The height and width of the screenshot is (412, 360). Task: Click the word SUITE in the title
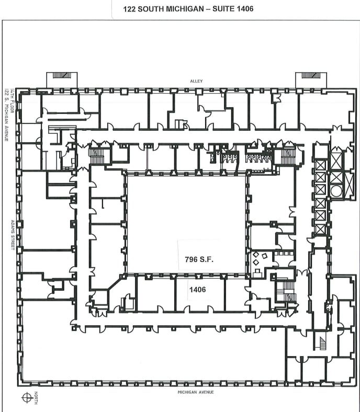(x=223, y=9)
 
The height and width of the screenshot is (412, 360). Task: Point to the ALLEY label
(x=196, y=81)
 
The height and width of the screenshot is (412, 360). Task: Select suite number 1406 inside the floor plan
(x=197, y=289)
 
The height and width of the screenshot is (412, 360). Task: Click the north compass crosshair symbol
(x=26, y=397)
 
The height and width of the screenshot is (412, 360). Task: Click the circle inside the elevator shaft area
(x=335, y=191)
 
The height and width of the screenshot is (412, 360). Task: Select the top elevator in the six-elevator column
(x=320, y=165)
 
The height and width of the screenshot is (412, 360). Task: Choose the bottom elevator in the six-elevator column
(x=320, y=228)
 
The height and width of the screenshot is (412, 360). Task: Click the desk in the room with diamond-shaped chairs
(x=257, y=272)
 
